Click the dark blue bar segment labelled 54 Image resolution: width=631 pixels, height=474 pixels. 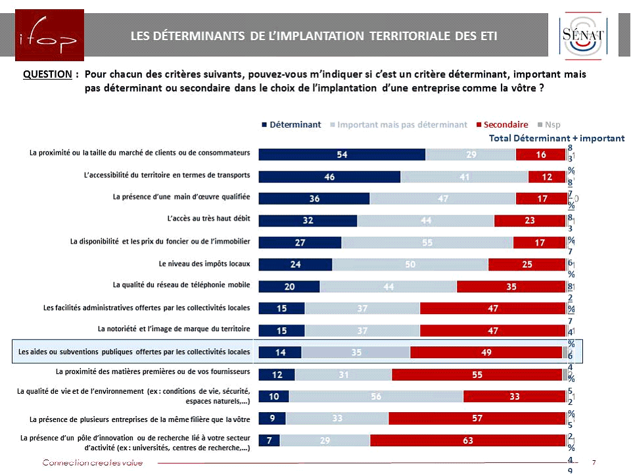(342, 155)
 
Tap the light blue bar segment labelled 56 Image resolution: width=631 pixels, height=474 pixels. (376, 396)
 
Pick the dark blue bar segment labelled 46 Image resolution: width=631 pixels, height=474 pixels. (329, 176)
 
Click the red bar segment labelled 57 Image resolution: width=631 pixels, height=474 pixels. (477, 419)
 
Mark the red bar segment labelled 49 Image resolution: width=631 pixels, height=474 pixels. (486, 352)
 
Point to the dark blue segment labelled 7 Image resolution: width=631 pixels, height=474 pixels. (269, 441)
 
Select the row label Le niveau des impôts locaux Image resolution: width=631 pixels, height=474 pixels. (204, 263)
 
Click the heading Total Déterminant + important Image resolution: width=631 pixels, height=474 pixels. (557, 138)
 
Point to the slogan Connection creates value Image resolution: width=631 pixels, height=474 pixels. (92, 463)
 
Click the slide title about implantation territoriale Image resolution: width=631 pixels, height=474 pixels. (314, 36)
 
